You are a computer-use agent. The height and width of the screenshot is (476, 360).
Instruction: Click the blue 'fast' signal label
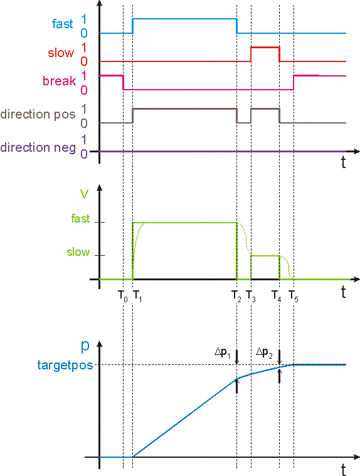(x=63, y=24)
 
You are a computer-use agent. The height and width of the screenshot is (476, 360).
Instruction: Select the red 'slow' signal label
(x=61, y=53)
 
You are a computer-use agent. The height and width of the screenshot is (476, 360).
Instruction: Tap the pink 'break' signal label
(x=59, y=81)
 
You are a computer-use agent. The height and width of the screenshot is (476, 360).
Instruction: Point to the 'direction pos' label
(x=38, y=114)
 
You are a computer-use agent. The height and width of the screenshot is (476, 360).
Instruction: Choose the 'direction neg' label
(x=38, y=147)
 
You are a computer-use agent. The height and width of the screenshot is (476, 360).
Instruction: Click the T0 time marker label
(x=123, y=296)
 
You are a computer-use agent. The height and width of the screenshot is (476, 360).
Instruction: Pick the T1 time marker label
(x=137, y=296)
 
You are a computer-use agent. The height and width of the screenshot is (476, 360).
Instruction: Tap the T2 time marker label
(x=236, y=296)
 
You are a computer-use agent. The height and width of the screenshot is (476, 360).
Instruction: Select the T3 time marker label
(x=251, y=296)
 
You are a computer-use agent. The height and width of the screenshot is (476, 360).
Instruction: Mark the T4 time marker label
(x=276, y=296)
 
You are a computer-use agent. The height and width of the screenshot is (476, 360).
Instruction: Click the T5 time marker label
(x=294, y=296)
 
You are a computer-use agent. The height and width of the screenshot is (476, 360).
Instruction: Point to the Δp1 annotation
(x=223, y=352)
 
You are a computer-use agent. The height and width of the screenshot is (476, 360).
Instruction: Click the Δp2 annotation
(x=265, y=352)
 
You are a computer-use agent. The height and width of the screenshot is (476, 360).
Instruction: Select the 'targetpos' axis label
(x=65, y=365)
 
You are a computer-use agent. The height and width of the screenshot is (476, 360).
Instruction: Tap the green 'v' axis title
(x=84, y=194)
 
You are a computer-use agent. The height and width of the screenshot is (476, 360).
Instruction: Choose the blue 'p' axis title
(x=85, y=346)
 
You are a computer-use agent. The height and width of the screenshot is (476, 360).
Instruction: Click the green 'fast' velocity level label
(x=80, y=219)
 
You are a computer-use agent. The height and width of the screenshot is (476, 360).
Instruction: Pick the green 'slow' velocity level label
(x=78, y=252)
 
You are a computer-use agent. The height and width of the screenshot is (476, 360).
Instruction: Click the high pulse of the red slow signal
(x=265, y=47)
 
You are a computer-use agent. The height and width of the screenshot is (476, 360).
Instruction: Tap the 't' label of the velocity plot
(x=343, y=292)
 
